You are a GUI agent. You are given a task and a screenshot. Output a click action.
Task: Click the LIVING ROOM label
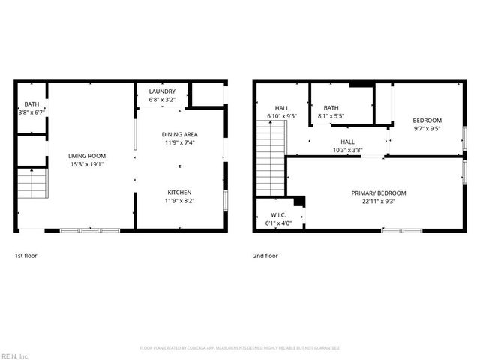point(87,156)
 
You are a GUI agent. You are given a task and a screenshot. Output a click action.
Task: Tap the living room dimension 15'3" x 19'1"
point(87,164)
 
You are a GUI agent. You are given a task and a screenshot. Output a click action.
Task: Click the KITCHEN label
point(178,192)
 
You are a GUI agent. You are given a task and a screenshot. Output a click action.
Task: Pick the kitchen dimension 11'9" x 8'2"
point(178,200)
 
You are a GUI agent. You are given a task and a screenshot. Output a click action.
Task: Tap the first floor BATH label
point(31,104)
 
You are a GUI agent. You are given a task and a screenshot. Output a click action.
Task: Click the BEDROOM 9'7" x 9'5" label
point(427,120)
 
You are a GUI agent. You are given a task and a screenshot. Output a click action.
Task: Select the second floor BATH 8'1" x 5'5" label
point(331,108)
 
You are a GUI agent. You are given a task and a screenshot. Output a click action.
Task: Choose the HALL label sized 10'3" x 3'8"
point(347,142)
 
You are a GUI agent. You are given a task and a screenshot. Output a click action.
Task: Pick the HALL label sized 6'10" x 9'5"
point(282,108)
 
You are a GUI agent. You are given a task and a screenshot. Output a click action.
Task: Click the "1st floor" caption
point(26,256)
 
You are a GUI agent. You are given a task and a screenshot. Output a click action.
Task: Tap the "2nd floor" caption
point(265,256)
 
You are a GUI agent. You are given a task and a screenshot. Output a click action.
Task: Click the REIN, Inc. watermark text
point(15,355)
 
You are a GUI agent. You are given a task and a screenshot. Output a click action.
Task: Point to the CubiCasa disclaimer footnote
point(240,348)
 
